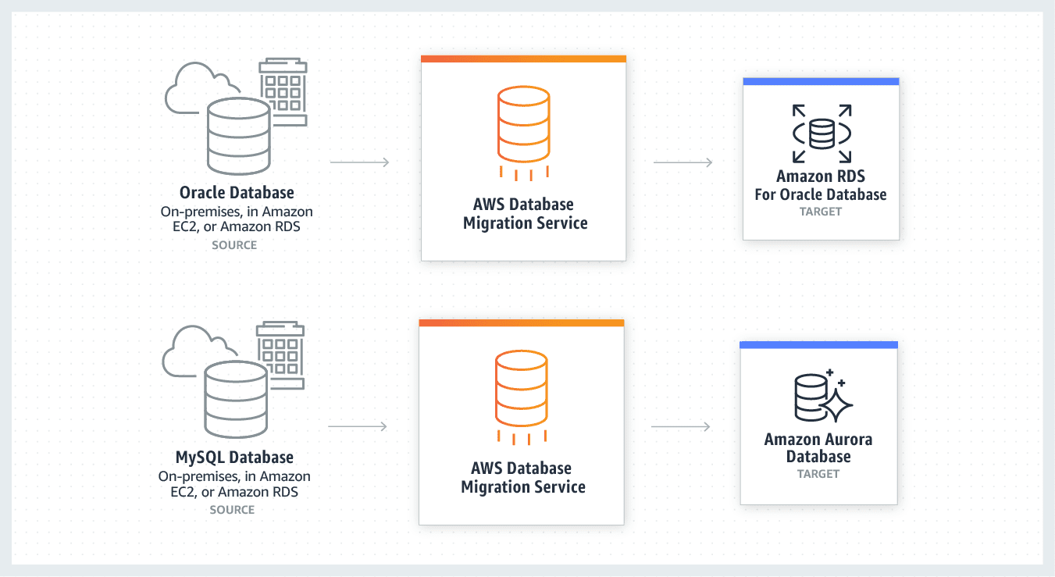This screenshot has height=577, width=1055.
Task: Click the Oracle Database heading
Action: coord(237,192)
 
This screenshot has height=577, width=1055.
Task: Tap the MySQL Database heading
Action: coord(234,458)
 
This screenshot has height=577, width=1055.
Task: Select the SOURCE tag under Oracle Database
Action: coord(234,245)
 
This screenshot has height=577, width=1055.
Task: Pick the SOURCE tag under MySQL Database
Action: coord(232,510)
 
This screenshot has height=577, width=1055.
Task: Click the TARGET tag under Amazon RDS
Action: coord(821,212)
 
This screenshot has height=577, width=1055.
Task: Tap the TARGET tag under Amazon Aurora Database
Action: coord(818,474)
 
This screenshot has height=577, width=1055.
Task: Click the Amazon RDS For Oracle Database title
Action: coord(821,186)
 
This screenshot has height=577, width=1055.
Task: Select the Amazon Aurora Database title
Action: coord(818,448)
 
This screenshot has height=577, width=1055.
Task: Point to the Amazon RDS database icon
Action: coord(822,133)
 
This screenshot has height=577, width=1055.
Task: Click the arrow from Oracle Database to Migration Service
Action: coord(360,162)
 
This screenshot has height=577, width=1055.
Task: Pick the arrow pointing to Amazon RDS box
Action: coord(683,162)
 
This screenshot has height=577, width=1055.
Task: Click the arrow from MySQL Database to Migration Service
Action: coord(358,426)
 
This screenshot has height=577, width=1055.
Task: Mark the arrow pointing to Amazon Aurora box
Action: coord(680,426)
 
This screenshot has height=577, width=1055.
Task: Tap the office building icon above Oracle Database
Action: coord(283,90)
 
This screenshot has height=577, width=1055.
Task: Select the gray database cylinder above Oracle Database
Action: coord(239,137)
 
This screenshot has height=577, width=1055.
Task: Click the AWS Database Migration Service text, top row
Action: coord(524,214)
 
